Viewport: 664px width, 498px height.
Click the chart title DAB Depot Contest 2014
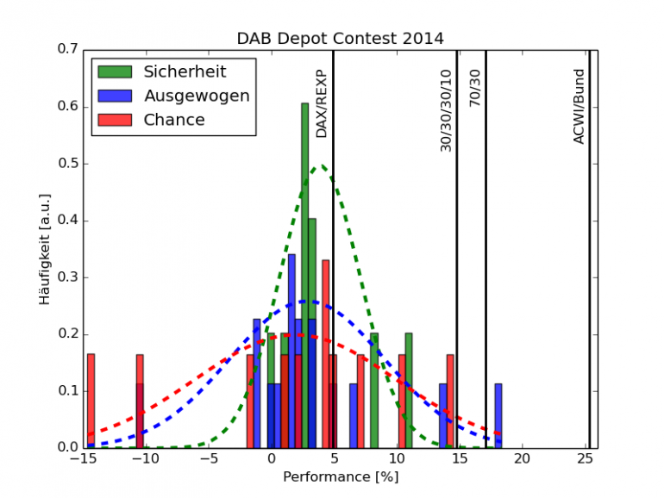point(341,39)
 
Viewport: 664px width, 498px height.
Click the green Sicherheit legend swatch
point(115,72)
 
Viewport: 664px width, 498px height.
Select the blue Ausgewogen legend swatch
point(115,96)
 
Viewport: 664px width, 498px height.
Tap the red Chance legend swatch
point(115,120)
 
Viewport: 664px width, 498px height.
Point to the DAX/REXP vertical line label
point(322,103)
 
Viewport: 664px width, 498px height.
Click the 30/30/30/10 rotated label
point(446,110)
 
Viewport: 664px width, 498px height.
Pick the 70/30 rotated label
point(475,88)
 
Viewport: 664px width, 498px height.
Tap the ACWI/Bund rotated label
point(579,107)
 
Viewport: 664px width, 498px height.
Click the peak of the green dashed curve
point(322,165)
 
